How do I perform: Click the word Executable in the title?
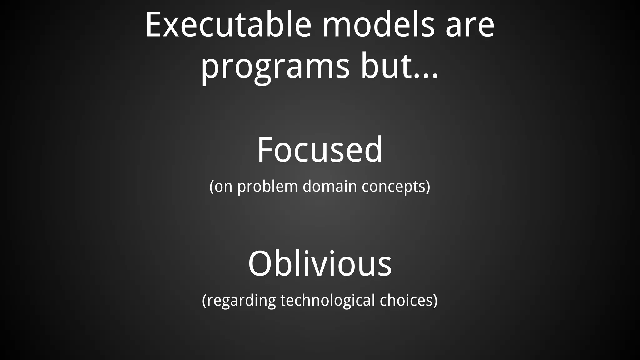[x=228, y=25]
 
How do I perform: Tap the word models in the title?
[x=378, y=25]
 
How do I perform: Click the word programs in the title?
[x=275, y=67]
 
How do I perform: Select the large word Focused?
[x=320, y=150]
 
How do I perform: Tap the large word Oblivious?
[x=320, y=264]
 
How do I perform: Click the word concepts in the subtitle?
[x=393, y=187]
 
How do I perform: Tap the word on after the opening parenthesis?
[x=223, y=187]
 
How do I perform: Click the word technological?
[x=327, y=301]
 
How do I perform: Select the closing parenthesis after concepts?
[x=428, y=187]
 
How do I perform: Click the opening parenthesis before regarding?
[x=204, y=301]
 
